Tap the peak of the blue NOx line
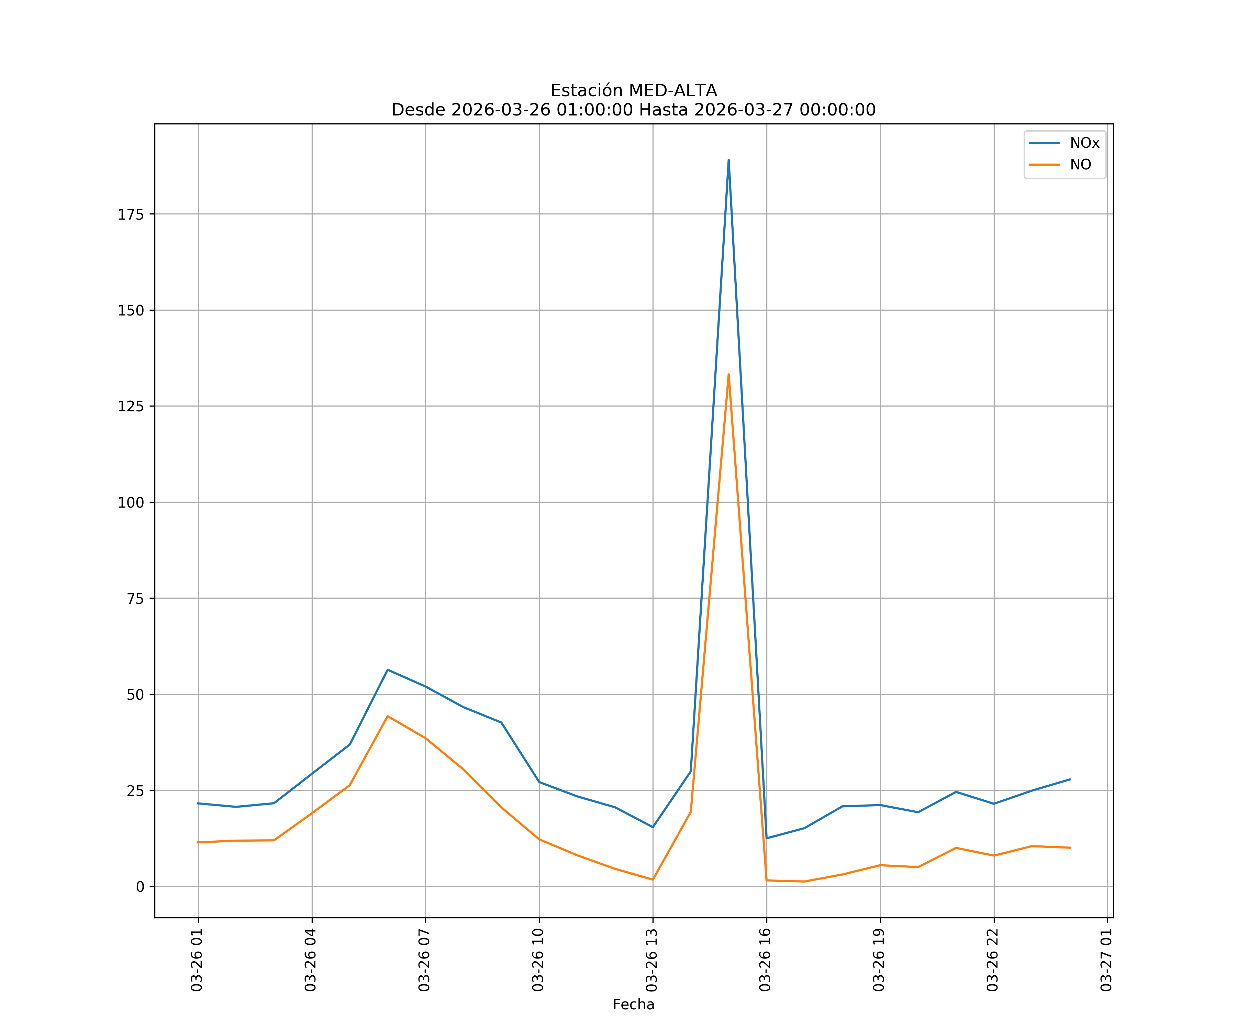[729, 160]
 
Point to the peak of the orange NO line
[729, 374]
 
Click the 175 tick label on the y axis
[131, 214]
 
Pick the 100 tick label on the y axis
[131, 502]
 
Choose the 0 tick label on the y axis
[140, 887]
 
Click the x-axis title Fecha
[633, 1005]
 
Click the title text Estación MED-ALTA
[633, 91]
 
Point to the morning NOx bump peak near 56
[388, 670]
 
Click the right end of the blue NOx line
[1070, 779]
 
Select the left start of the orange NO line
[199, 842]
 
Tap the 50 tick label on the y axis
[135, 695]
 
